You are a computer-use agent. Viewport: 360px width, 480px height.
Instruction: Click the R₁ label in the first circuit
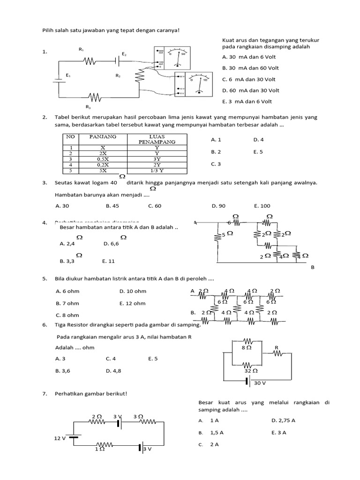pos(81,49)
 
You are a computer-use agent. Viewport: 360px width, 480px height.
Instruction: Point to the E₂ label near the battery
pos(124,54)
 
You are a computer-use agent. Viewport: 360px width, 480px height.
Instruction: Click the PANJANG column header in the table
pos(103,136)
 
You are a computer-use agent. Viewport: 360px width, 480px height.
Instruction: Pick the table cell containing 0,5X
pos(102,158)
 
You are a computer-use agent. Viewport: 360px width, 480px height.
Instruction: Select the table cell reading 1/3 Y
pos(157,170)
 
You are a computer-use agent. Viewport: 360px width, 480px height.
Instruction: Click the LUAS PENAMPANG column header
pos(157,139)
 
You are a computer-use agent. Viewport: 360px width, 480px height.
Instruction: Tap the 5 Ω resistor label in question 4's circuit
pos(227,233)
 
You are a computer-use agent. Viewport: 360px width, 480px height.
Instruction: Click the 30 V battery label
pos(260,383)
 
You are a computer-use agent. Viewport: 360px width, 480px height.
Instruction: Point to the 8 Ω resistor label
pos(246,348)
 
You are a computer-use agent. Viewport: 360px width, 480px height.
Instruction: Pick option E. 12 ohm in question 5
pos(133,303)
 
